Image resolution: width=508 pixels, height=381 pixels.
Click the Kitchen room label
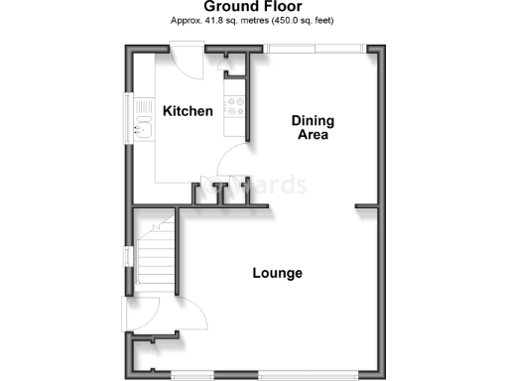point(189,111)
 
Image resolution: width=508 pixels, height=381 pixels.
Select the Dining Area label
point(313,128)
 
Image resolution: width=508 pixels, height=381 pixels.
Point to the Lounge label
point(277,273)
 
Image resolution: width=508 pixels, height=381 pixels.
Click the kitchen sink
point(143,125)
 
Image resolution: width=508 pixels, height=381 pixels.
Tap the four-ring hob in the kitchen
point(236,105)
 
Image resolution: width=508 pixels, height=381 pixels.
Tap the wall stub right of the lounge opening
point(368,206)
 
